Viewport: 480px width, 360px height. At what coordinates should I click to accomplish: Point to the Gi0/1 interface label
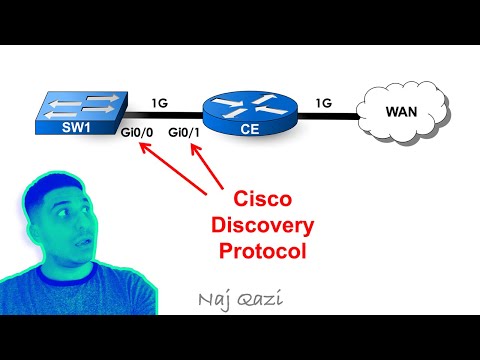click(184, 134)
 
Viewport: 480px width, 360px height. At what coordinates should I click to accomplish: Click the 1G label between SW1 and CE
click(160, 102)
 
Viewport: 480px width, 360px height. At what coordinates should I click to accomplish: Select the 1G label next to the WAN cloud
click(324, 102)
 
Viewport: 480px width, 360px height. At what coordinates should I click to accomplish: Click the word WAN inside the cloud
click(402, 111)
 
